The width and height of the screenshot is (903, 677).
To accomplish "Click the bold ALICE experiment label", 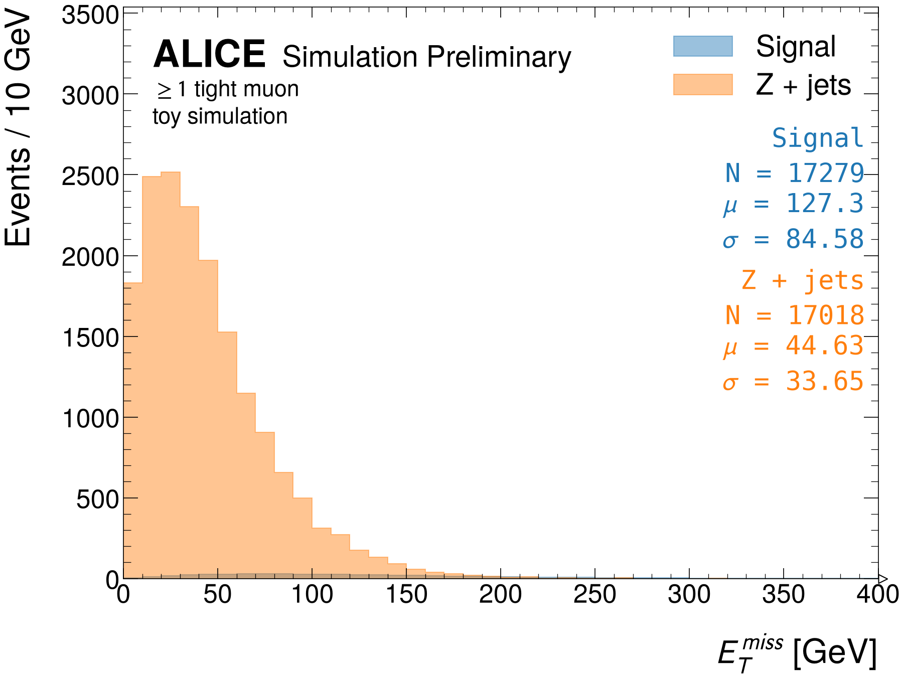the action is click(x=209, y=54).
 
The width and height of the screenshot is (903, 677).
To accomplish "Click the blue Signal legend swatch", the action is click(x=703, y=46).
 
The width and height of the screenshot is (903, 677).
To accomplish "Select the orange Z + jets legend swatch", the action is click(x=703, y=84).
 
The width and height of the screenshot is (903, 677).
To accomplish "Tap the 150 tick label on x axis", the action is click(x=406, y=595).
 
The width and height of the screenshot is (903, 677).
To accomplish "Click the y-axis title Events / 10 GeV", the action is click(x=18, y=129).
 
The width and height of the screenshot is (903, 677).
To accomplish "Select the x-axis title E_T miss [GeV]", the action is click(x=797, y=653).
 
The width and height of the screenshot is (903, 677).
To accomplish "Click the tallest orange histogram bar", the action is click(x=171, y=375).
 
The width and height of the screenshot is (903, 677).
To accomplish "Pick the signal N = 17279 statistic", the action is click(x=795, y=173).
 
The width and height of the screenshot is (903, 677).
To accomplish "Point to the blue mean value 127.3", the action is click(x=825, y=204).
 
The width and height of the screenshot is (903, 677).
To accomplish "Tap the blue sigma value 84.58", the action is click(x=825, y=239).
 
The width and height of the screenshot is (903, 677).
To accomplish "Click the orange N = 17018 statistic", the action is click(x=795, y=315).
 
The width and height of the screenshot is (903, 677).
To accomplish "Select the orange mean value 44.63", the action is click(x=825, y=346).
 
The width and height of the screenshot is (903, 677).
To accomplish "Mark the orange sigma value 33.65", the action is click(x=825, y=381).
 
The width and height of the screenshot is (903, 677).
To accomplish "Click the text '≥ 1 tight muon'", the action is click(x=228, y=89).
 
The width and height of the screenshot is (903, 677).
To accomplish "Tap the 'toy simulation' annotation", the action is click(x=220, y=117).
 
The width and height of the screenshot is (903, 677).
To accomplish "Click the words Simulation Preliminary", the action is click(x=427, y=57).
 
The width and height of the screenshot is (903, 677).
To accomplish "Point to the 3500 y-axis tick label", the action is click(x=90, y=15).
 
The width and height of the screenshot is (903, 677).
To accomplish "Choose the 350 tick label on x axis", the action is click(x=784, y=595).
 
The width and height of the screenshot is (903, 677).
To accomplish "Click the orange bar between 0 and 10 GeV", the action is click(x=133, y=431).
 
